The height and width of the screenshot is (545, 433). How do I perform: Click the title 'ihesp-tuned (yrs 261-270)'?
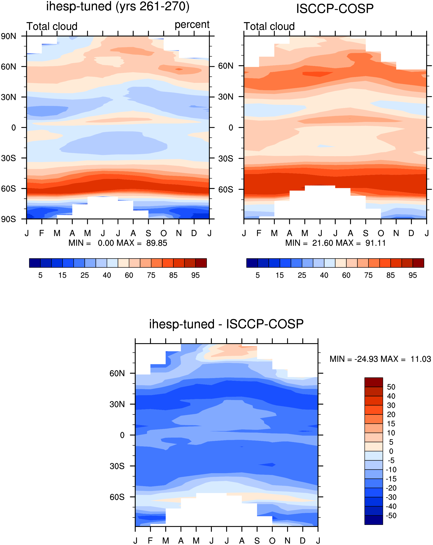[118, 6]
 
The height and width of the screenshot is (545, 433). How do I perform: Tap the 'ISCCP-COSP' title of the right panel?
[335, 9]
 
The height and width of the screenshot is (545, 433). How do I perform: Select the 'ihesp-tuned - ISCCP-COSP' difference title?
[226, 324]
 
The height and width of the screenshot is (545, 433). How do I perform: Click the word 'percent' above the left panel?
[192, 25]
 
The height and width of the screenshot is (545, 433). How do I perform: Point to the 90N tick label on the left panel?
[8, 36]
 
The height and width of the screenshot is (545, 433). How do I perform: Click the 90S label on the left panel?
[8, 219]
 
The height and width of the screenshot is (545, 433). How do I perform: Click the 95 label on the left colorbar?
[195, 275]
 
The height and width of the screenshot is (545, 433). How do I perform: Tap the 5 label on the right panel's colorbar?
[257, 275]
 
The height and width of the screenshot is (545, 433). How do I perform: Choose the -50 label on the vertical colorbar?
[391, 516]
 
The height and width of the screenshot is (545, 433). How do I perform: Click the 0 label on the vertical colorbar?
[391, 451]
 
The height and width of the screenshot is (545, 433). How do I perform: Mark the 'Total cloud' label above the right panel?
[269, 26]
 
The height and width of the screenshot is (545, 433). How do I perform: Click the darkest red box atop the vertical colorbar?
[373, 382]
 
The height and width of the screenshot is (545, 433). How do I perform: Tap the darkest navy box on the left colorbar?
[35, 263]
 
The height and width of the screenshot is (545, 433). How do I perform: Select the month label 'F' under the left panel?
[42, 233]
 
